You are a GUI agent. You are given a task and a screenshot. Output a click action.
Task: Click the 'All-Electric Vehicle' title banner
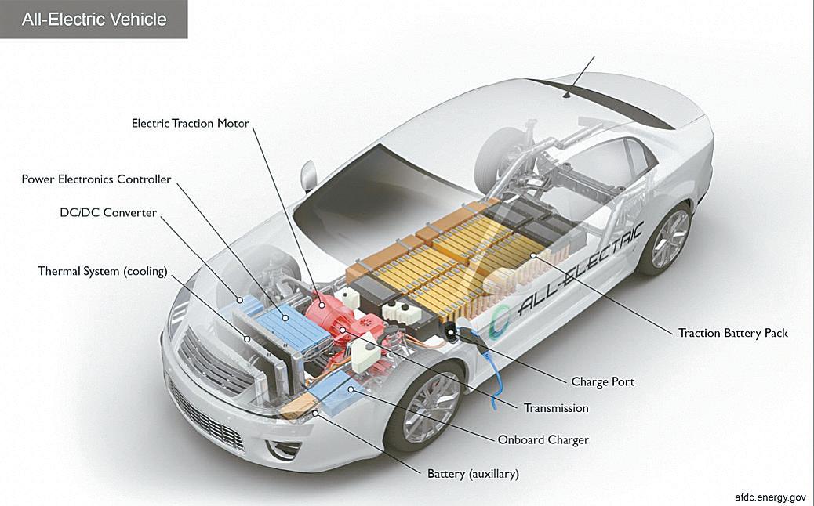pos(94,19)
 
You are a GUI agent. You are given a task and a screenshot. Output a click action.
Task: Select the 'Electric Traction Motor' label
pos(191,123)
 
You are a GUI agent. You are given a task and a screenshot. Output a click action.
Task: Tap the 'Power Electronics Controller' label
pos(96,179)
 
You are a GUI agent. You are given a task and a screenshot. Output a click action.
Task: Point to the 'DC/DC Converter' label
pos(108,212)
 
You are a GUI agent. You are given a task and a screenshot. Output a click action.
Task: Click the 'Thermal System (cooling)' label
pos(103,271)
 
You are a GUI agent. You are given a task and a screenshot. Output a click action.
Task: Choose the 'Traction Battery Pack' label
pos(732,333)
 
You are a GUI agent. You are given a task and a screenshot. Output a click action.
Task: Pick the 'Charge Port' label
pos(602,382)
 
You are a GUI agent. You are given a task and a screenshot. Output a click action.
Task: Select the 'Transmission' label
pos(556,408)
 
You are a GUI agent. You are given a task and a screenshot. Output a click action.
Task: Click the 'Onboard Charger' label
pos(543,440)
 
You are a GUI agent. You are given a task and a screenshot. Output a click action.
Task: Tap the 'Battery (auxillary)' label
pos(473,474)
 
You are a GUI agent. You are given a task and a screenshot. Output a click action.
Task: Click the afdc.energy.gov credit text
pos(770,497)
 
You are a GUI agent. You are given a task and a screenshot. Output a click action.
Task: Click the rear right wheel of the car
pos(669,239)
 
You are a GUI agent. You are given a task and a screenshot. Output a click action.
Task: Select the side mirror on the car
pos(308,174)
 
